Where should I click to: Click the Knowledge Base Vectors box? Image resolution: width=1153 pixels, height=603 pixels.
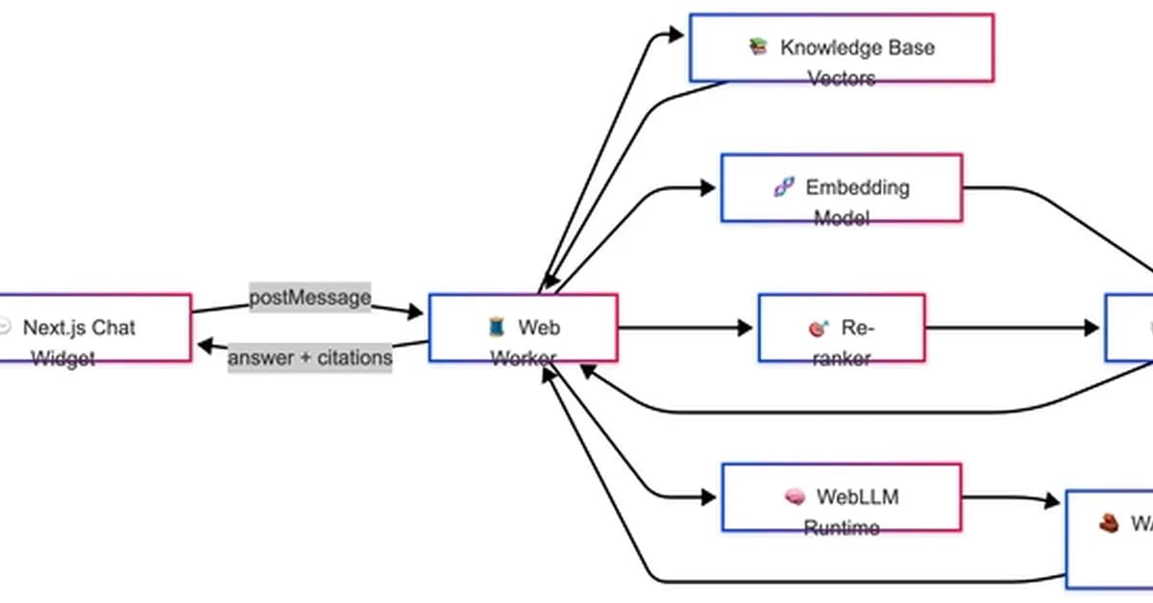(x=842, y=48)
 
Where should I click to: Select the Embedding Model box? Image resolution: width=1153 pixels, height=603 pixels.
(x=842, y=188)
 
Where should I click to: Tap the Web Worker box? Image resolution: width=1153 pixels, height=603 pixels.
(x=523, y=328)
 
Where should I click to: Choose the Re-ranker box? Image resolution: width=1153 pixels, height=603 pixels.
(x=842, y=328)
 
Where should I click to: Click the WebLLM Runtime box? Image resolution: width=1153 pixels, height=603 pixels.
(x=842, y=497)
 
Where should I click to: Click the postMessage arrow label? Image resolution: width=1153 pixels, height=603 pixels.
(x=309, y=297)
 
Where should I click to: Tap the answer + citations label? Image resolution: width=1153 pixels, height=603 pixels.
(x=309, y=358)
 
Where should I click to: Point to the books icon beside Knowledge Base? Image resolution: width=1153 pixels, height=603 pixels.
(x=759, y=46)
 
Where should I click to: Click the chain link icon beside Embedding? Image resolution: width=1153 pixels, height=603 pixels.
(x=784, y=187)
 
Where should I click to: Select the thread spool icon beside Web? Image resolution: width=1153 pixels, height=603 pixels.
(x=496, y=327)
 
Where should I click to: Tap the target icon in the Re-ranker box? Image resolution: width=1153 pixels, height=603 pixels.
(x=818, y=328)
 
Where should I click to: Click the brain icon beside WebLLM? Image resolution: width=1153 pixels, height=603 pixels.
(x=795, y=496)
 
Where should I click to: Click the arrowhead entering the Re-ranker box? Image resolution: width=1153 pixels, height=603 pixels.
(x=745, y=328)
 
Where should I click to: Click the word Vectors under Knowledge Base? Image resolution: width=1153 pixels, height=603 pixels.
(x=842, y=79)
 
